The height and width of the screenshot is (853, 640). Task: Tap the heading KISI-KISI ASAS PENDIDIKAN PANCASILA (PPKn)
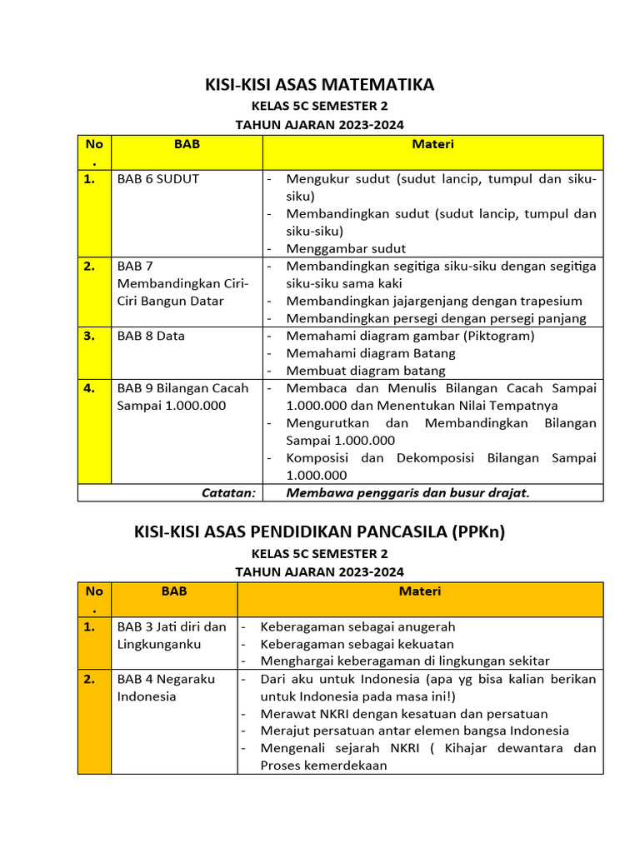tap(320, 531)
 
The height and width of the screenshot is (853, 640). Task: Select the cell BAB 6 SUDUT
tap(158, 179)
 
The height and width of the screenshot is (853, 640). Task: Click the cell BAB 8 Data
tap(151, 336)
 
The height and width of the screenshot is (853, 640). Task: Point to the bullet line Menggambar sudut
tap(346, 248)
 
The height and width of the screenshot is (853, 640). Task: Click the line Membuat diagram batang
tap(365, 371)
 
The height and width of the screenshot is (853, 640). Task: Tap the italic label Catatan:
tap(228, 492)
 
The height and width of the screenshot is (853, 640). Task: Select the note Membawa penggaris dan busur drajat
tap(407, 492)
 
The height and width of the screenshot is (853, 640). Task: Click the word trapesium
tap(549, 301)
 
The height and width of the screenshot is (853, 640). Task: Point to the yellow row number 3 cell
tap(94, 336)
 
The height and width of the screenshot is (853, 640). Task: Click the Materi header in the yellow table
tap(432, 144)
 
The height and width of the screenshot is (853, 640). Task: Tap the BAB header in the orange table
tap(174, 591)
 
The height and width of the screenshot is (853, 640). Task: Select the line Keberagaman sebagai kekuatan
tap(357, 644)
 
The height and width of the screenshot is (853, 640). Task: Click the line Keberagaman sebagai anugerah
tap(357, 626)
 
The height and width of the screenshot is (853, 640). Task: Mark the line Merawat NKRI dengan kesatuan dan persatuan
tap(404, 714)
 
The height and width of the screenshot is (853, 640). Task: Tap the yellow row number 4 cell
tap(94, 388)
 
